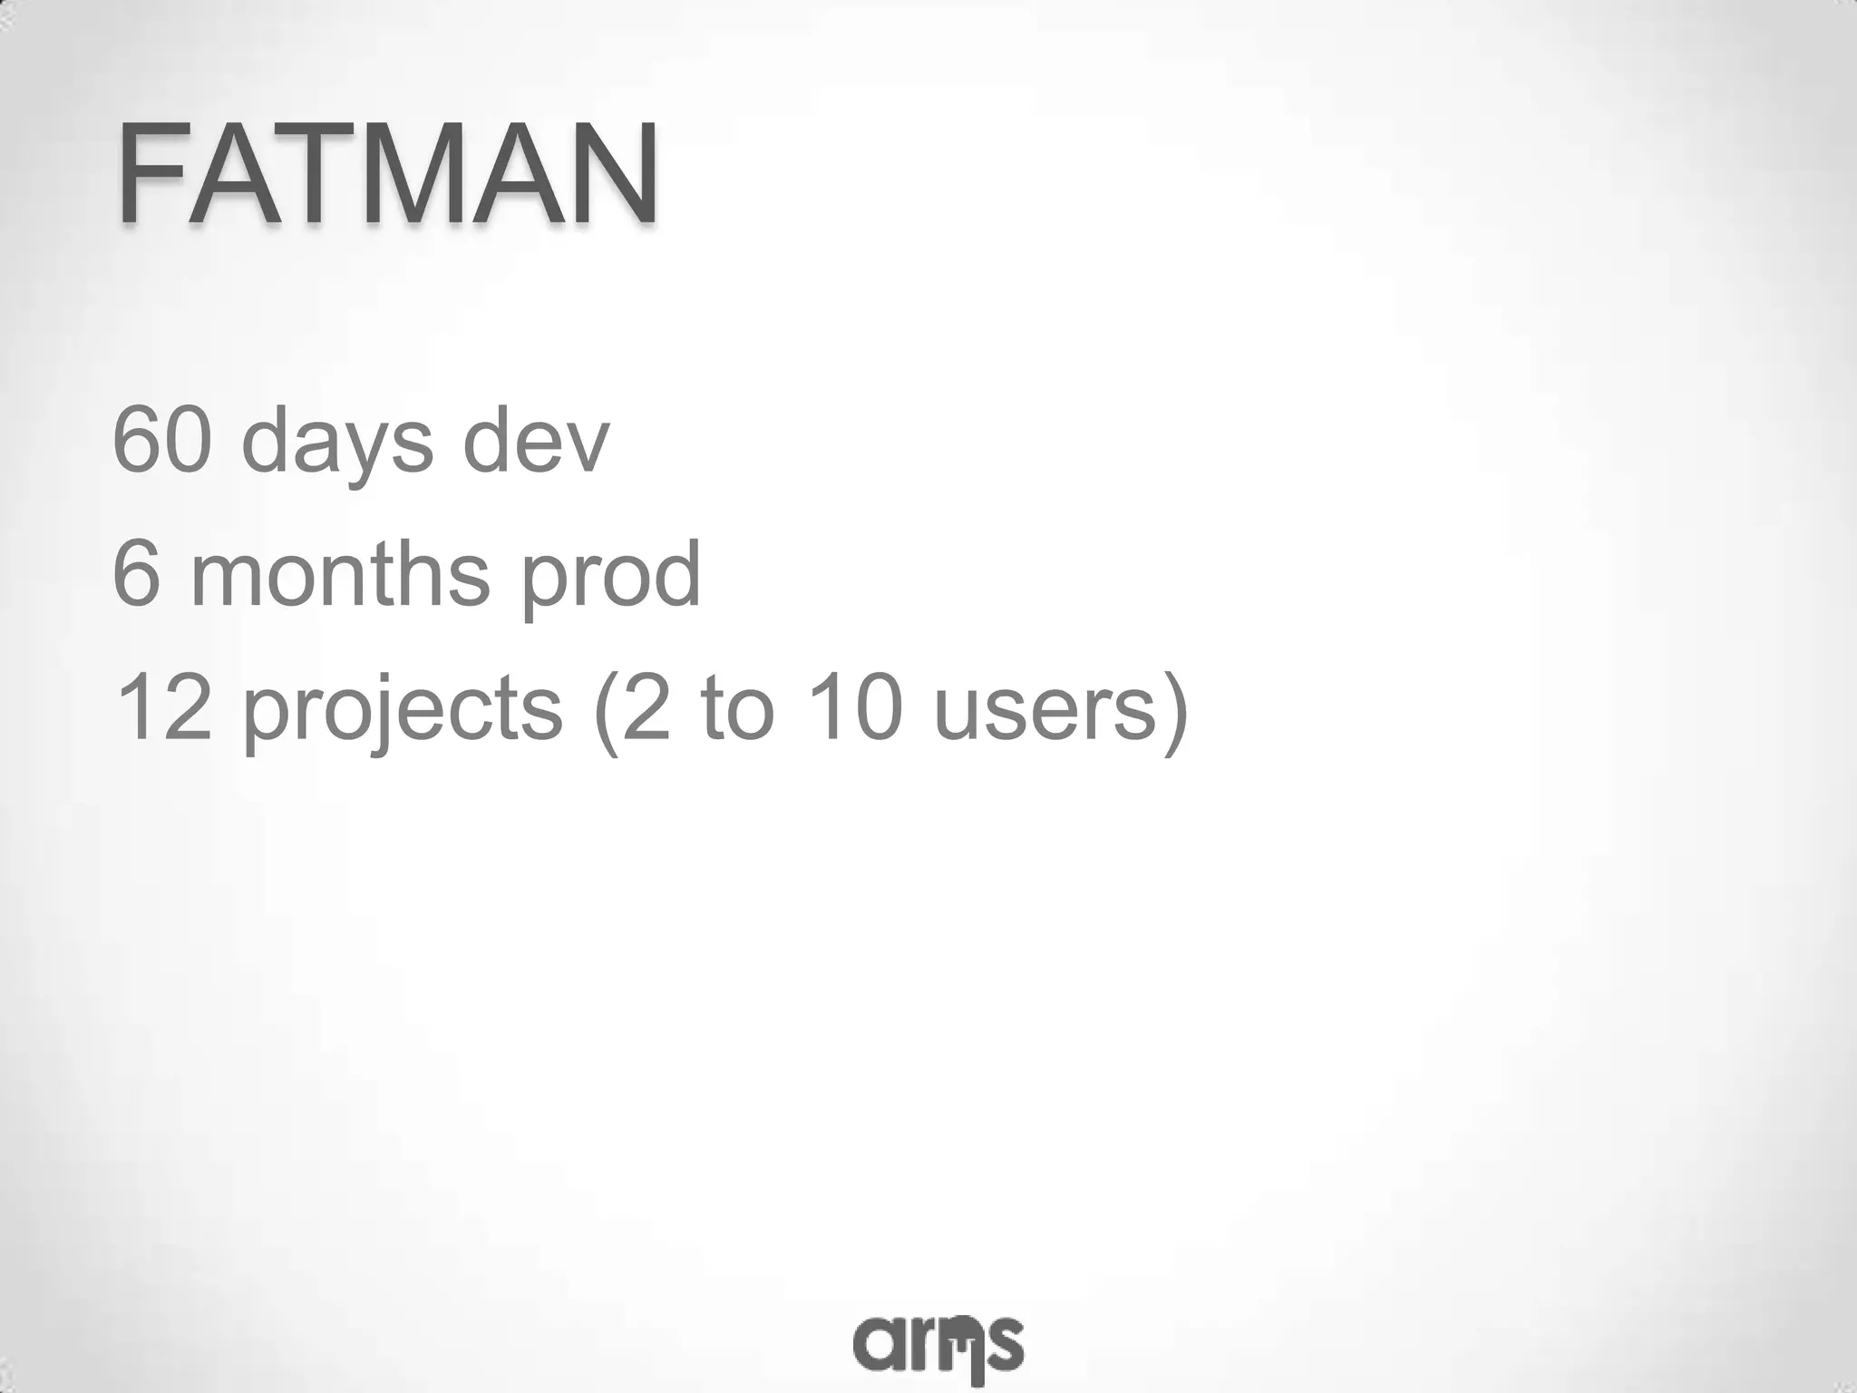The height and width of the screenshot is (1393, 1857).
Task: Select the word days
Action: (x=337, y=444)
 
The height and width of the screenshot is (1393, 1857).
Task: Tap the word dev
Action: (x=536, y=441)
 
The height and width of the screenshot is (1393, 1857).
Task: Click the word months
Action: (x=341, y=574)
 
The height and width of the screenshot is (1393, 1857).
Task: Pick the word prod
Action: (x=610, y=577)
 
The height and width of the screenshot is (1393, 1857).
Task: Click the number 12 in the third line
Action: (x=163, y=707)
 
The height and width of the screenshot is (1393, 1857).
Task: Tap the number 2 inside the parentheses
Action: (x=645, y=707)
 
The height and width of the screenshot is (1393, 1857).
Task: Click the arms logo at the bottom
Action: (x=938, y=1345)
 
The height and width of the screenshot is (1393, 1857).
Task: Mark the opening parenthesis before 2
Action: (x=605, y=712)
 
